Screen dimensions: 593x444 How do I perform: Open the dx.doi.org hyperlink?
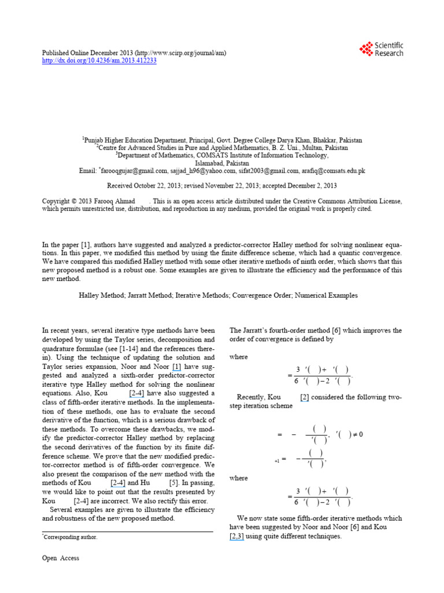coord(99,61)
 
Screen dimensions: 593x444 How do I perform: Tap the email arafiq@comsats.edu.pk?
coord(334,171)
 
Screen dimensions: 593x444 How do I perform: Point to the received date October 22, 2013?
coord(165,186)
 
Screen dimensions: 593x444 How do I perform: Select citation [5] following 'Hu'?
coord(173,482)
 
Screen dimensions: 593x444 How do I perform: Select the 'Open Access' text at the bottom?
coord(61,558)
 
